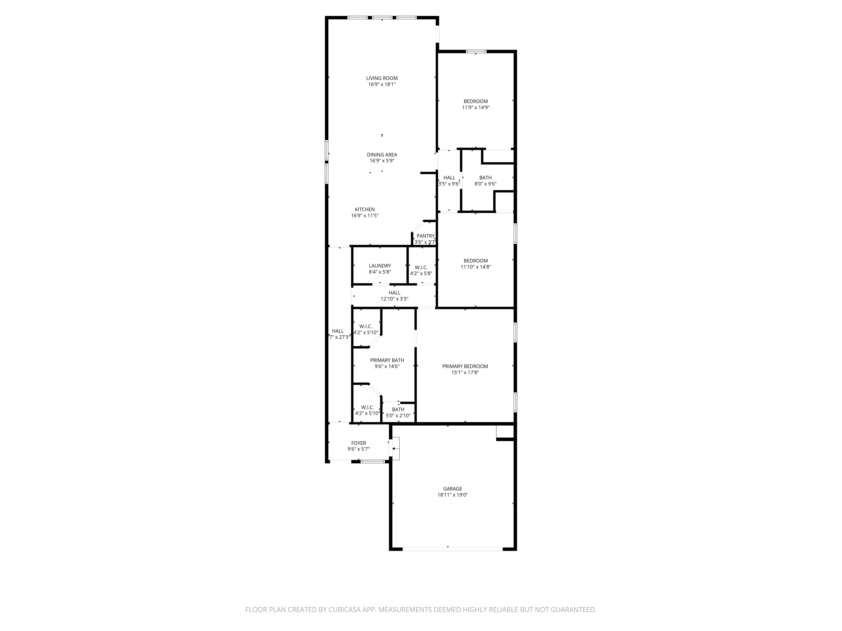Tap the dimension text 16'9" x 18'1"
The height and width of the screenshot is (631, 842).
coord(382,84)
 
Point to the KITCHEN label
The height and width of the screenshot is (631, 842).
coord(365,209)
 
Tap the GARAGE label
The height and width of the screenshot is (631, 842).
coord(453,489)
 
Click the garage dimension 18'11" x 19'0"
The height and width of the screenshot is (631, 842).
coord(453,495)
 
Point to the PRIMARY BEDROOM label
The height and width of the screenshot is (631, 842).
coord(465,366)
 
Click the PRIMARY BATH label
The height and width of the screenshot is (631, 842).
coord(387,360)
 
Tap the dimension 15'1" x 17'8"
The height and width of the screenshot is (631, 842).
coord(465,372)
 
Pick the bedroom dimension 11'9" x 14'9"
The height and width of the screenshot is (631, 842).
coord(476,107)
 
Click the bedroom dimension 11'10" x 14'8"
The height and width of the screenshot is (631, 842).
coord(476,267)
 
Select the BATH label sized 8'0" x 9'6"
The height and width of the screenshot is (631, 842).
coord(485,178)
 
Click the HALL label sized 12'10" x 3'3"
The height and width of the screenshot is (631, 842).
coord(394,293)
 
